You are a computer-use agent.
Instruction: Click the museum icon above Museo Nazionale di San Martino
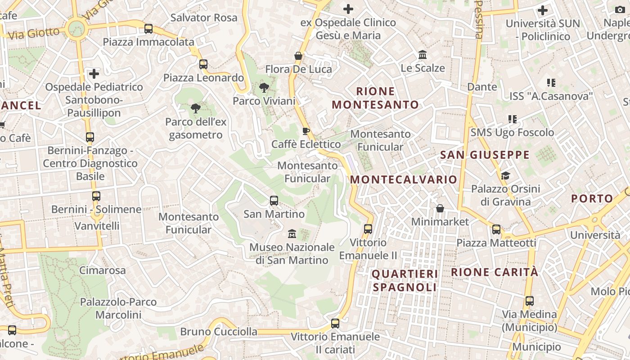click(x=292, y=234)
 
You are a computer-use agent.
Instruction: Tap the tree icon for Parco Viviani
click(x=264, y=88)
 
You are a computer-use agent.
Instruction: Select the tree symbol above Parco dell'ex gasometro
click(x=195, y=108)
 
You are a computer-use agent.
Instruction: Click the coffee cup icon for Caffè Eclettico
click(x=306, y=131)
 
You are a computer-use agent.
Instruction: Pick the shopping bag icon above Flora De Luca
click(x=298, y=56)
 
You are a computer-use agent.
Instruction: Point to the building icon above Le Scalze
click(x=423, y=55)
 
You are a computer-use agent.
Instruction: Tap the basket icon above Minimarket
click(x=440, y=208)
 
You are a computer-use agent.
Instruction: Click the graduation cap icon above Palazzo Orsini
click(x=505, y=175)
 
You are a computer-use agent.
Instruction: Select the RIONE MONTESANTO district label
click(x=375, y=98)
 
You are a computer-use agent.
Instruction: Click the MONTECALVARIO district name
click(x=404, y=180)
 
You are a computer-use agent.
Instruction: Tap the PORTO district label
click(x=592, y=198)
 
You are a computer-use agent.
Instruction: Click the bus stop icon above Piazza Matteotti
click(x=496, y=229)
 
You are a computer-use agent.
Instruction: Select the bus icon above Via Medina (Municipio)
click(x=530, y=301)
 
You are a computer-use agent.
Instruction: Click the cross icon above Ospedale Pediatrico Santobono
click(x=94, y=73)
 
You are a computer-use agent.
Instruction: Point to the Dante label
click(x=482, y=86)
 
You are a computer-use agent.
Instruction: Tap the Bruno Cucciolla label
click(x=219, y=332)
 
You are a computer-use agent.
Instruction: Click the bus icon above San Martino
click(x=274, y=201)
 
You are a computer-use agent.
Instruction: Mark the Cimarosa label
click(x=103, y=270)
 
